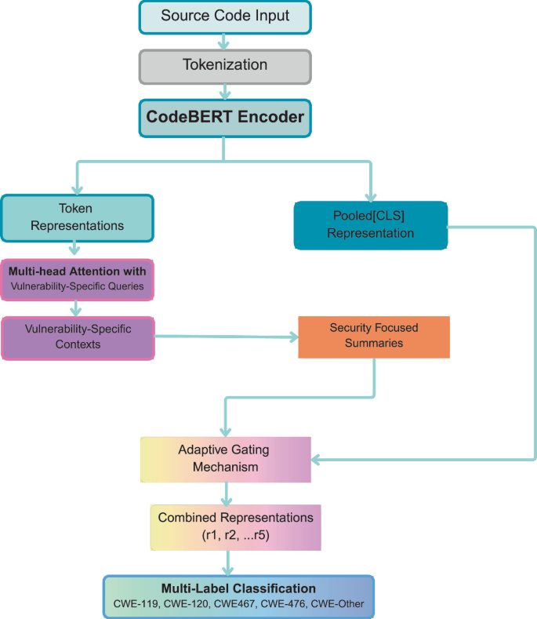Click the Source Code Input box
(x=225, y=16)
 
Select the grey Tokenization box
(x=225, y=65)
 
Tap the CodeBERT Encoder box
(x=225, y=117)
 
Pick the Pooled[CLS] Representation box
(x=370, y=224)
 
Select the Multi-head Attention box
(x=78, y=279)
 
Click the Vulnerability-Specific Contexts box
(x=78, y=337)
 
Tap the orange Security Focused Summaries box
(x=374, y=337)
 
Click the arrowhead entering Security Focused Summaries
(x=294, y=338)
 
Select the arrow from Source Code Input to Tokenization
(x=225, y=41)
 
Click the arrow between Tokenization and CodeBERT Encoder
(x=225, y=90)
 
